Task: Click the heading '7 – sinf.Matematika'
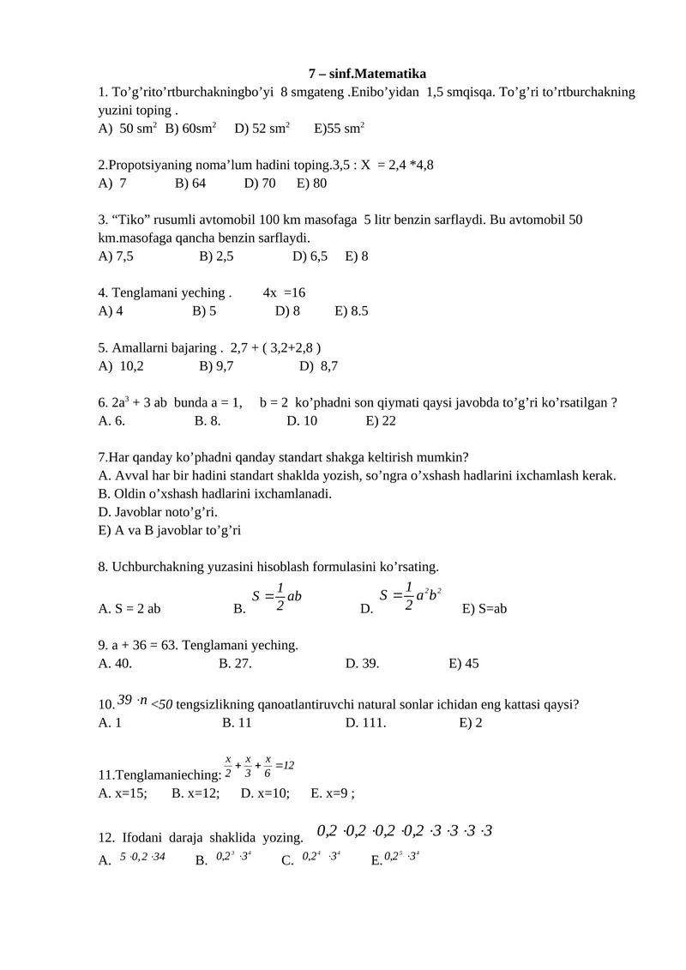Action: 367,74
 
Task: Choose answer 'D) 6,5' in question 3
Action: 310,256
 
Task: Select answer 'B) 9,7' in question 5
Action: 216,366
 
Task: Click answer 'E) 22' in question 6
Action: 381,420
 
